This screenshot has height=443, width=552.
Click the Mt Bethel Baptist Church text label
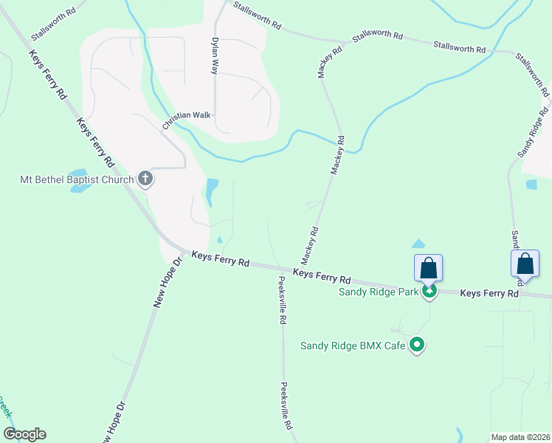pyautogui.click(x=77, y=179)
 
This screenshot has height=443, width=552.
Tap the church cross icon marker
pyautogui.click(x=145, y=179)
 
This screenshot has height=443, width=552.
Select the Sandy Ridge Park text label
pyautogui.click(x=379, y=292)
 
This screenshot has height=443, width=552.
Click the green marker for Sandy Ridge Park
pyautogui.click(x=429, y=292)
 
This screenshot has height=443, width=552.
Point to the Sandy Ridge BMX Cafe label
pyautogui.click(x=353, y=345)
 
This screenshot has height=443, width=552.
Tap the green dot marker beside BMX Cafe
pyautogui.click(x=418, y=344)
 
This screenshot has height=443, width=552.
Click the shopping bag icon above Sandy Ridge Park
pyautogui.click(x=429, y=267)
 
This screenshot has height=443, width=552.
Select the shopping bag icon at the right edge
pyautogui.click(x=525, y=263)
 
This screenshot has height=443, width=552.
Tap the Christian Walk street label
pyautogui.click(x=187, y=115)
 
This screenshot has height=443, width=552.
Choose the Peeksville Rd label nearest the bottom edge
pyautogui.click(x=286, y=405)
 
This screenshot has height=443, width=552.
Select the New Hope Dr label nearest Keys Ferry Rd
pyautogui.click(x=167, y=283)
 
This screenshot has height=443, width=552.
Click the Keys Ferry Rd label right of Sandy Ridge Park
pyautogui.click(x=489, y=293)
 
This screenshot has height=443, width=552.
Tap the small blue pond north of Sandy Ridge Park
pyautogui.click(x=418, y=244)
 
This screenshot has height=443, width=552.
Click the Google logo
pyautogui.click(x=24, y=434)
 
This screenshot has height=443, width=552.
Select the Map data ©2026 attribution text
pyautogui.click(x=520, y=437)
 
